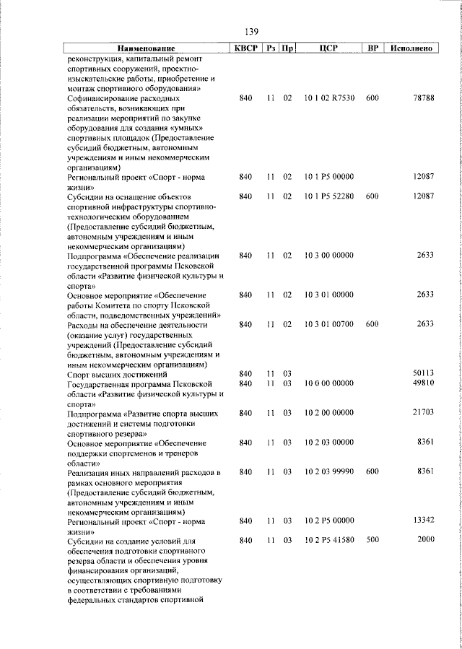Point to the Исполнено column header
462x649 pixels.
click(x=411, y=48)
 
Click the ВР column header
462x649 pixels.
click(x=372, y=48)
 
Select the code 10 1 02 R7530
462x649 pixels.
click(x=329, y=97)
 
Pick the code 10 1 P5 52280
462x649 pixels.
click(x=329, y=196)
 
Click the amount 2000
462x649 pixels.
click(x=426, y=540)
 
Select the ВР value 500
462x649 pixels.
click(x=372, y=540)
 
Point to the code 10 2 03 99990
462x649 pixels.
click(x=329, y=471)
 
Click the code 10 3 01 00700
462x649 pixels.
click(x=329, y=324)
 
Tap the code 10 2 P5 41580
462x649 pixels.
click(x=329, y=540)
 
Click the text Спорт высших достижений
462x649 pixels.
click(x=117, y=374)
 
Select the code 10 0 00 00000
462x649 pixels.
click(x=329, y=383)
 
